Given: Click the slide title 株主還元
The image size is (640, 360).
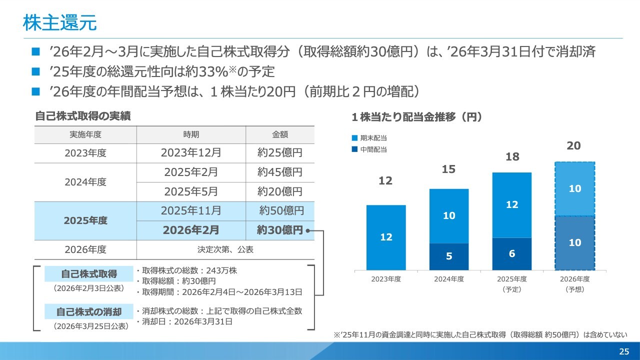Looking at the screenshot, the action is click(x=59, y=23).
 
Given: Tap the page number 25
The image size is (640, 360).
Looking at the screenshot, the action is click(x=624, y=351).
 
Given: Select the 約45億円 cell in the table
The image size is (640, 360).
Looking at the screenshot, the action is click(x=279, y=172).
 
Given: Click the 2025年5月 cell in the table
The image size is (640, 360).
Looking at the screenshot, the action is click(x=191, y=191).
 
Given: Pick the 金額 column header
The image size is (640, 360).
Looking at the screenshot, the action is click(x=280, y=134).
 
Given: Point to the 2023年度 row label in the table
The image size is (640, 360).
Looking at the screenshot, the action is click(x=85, y=153).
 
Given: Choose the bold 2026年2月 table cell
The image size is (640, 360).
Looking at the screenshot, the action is click(x=191, y=230).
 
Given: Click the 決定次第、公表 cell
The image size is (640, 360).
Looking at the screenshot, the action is click(x=225, y=249).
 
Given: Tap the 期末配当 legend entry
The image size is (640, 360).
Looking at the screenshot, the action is click(x=369, y=138).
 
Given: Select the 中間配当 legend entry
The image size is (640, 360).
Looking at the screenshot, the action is click(x=369, y=149).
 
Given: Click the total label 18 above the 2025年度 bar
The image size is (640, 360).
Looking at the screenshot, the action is click(x=512, y=156).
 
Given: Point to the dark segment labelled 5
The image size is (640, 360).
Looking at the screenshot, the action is click(x=449, y=256).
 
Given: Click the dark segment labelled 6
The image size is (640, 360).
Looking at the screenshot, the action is click(x=511, y=253).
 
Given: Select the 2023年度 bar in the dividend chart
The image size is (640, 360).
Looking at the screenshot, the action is click(x=386, y=237).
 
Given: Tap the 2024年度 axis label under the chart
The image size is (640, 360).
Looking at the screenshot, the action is click(x=449, y=279).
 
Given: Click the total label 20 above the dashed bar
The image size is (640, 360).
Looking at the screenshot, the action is click(x=573, y=145).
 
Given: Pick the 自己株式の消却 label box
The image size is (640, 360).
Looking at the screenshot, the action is click(x=89, y=311).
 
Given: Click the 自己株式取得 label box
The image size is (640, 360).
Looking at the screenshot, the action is click(x=89, y=273).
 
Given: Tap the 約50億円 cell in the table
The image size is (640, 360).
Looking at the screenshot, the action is click(x=281, y=211).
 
